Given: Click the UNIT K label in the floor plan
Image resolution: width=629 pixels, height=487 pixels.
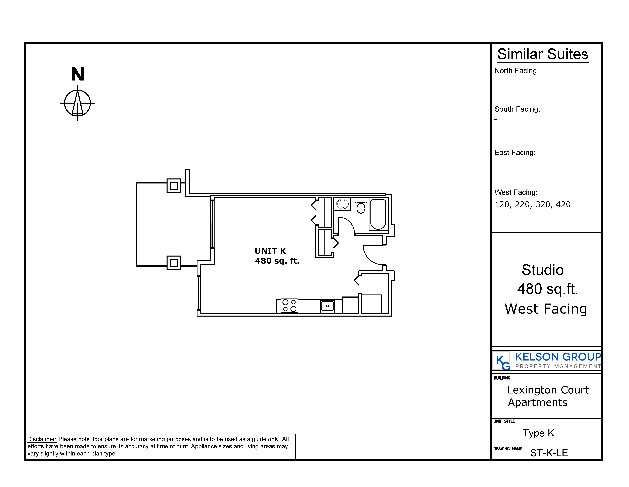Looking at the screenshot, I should [x=270, y=251].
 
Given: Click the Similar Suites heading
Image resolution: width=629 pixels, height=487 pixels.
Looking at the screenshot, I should [x=543, y=54].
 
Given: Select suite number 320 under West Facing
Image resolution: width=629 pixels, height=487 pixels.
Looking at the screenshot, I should [x=543, y=204].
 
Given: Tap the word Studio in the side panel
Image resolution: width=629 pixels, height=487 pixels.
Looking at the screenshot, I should [x=543, y=270].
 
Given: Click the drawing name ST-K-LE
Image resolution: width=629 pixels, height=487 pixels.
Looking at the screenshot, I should [x=549, y=453].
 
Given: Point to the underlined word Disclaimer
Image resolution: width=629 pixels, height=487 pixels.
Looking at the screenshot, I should [x=42, y=439].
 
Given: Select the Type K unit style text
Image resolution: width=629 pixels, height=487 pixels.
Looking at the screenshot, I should [x=538, y=433].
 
